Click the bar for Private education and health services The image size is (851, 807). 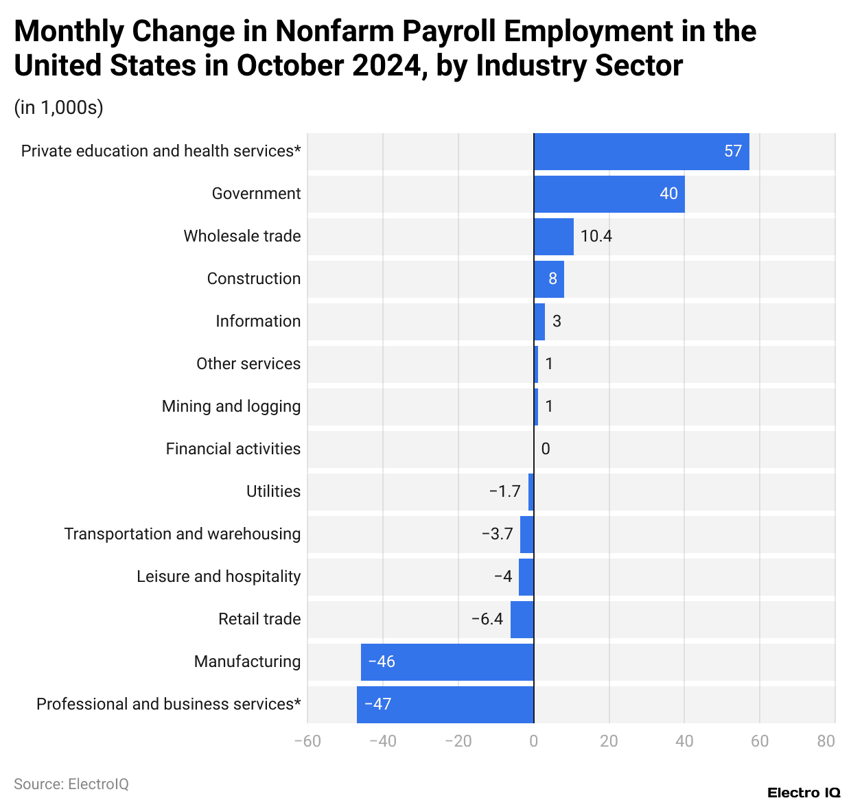tap(641, 152)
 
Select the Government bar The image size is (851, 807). tap(609, 194)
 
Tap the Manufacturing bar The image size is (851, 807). tap(447, 662)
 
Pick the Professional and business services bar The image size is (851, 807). tap(445, 705)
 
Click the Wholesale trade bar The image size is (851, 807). tap(553, 237)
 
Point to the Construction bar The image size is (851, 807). tap(548, 279)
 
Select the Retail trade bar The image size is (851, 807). tap(522, 620)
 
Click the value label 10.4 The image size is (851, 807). tap(596, 237)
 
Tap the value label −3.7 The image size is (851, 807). tap(497, 535)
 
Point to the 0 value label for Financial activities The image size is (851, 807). tap(546, 449)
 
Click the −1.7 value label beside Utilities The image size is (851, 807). tap(504, 492)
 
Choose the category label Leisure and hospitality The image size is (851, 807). tap(218, 577)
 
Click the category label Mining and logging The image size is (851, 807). tap(231, 407)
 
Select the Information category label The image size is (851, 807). tap(258, 322)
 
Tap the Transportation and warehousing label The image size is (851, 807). tap(183, 535)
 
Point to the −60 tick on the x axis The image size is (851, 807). tap(307, 742)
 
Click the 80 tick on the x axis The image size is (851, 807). tap(826, 742)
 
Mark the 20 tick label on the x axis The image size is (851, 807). tap(609, 742)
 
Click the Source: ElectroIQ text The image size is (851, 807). tap(71, 784)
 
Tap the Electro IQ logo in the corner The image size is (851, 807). tap(803, 793)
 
